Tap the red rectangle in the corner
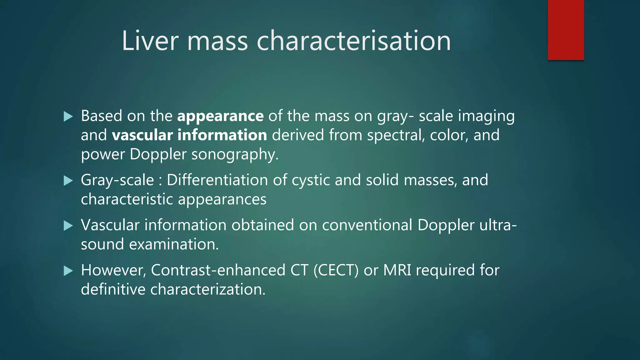pyautogui.click(x=566, y=30)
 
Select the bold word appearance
pyautogui.click(x=220, y=116)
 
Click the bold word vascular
pyautogui.click(x=142, y=135)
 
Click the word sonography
pyautogui.click(x=234, y=154)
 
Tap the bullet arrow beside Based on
pyautogui.click(x=68, y=117)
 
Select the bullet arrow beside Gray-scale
pyautogui.click(x=68, y=181)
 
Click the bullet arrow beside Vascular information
pyautogui.click(x=68, y=226)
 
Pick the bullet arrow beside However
pyautogui.click(x=68, y=271)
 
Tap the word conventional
pyautogui.click(x=367, y=225)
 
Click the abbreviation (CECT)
pyautogui.click(x=336, y=270)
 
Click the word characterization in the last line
pyautogui.click(x=207, y=289)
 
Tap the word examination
pyautogui.click(x=174, y=244)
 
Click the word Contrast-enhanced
pyautogui.click(x=218, y=270)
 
